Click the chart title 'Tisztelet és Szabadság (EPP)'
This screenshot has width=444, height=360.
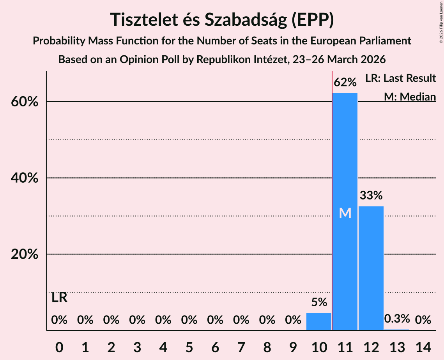(x=222, y=19)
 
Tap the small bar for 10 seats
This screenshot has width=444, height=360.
(x=319, y=322)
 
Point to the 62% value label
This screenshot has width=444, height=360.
(x=345, y=83)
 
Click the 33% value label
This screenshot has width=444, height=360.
(x=371, y=196)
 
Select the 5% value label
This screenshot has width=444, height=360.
(x=319, y=302)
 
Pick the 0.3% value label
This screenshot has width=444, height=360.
(x=397, y=319)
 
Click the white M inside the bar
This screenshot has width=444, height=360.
(x=345, y=213)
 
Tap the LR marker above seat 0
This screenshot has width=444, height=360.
(x=59, y=298)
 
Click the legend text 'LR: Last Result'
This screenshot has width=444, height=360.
(x=400, y=78)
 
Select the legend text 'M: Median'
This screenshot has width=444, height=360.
(x=410, y=97)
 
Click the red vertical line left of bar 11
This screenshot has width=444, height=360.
(x=332, y=195)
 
